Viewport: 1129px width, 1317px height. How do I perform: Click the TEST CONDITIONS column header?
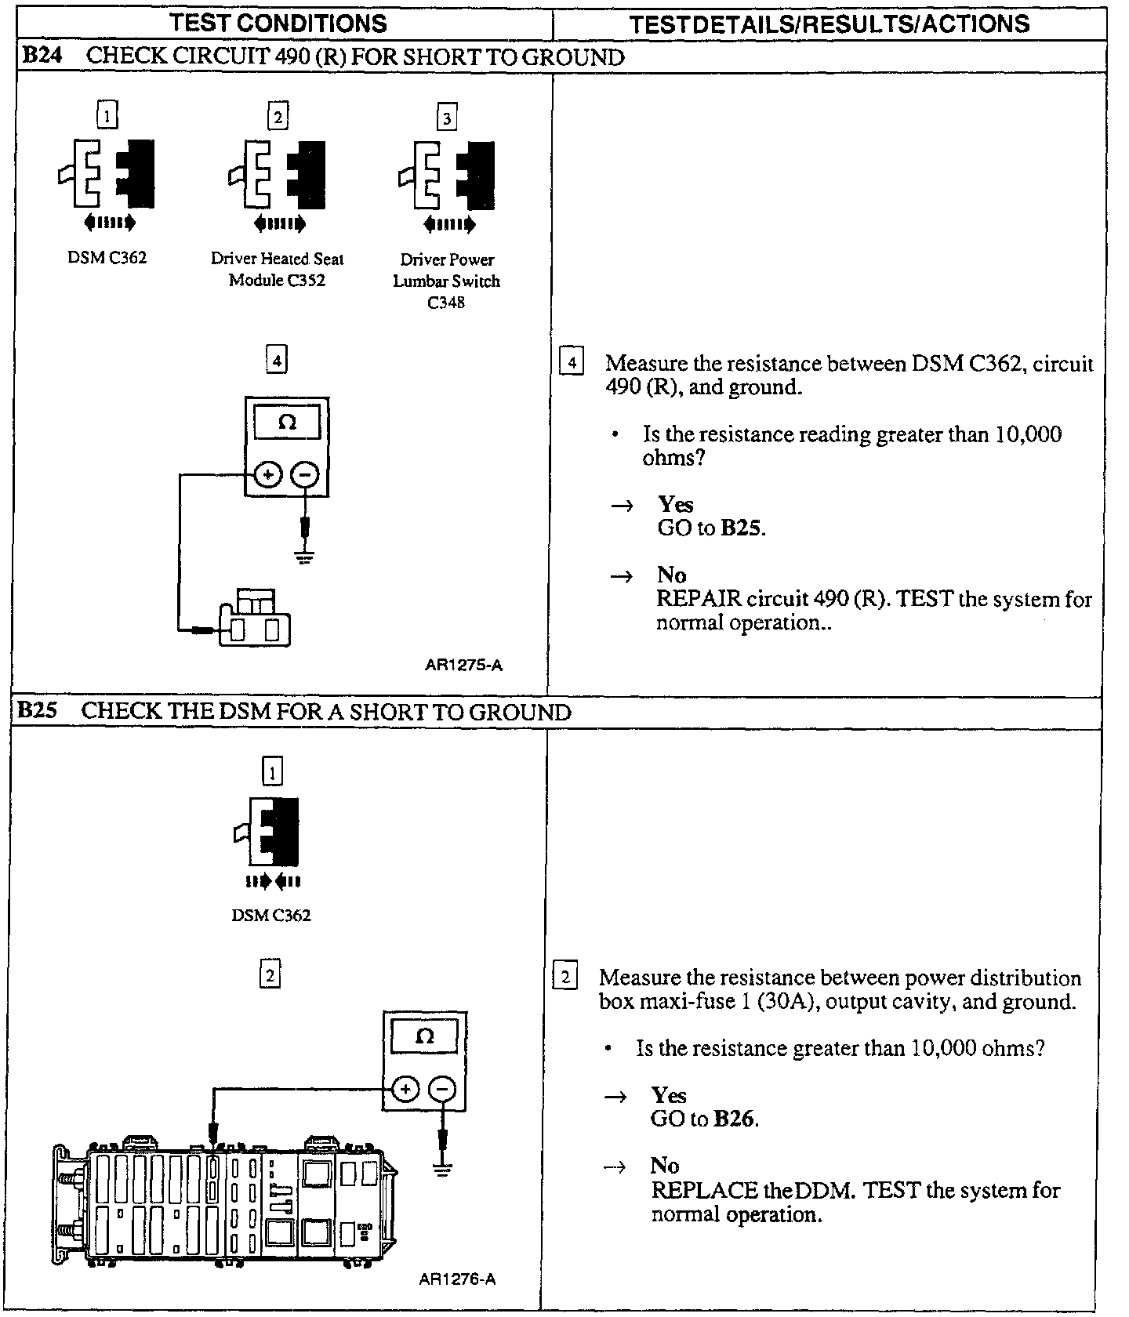[278, 23]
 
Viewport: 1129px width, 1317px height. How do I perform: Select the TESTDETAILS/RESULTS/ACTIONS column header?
[830, 24]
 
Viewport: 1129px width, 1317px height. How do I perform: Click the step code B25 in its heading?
[36, 711]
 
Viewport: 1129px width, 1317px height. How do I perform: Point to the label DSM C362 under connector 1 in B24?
[107, 258]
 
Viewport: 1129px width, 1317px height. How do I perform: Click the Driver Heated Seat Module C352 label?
[277, 269]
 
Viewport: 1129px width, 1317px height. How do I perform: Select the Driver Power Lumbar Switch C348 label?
[446, 281]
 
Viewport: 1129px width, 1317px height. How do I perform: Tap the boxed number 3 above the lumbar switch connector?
[446, 118]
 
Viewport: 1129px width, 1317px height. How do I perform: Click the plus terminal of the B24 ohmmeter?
[268, 474]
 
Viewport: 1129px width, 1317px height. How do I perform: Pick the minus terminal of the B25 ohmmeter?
[443, 1089]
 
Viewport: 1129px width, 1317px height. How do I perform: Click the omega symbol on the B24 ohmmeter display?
[287, 423]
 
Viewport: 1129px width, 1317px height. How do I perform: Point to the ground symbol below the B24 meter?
[306, 557]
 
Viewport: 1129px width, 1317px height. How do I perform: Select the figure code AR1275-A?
[464, 666]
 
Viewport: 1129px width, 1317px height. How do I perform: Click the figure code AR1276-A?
[458, 1280]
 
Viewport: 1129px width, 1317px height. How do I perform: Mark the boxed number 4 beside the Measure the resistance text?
[572, 363]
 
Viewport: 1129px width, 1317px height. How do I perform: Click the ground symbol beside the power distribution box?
[443, 1170]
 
